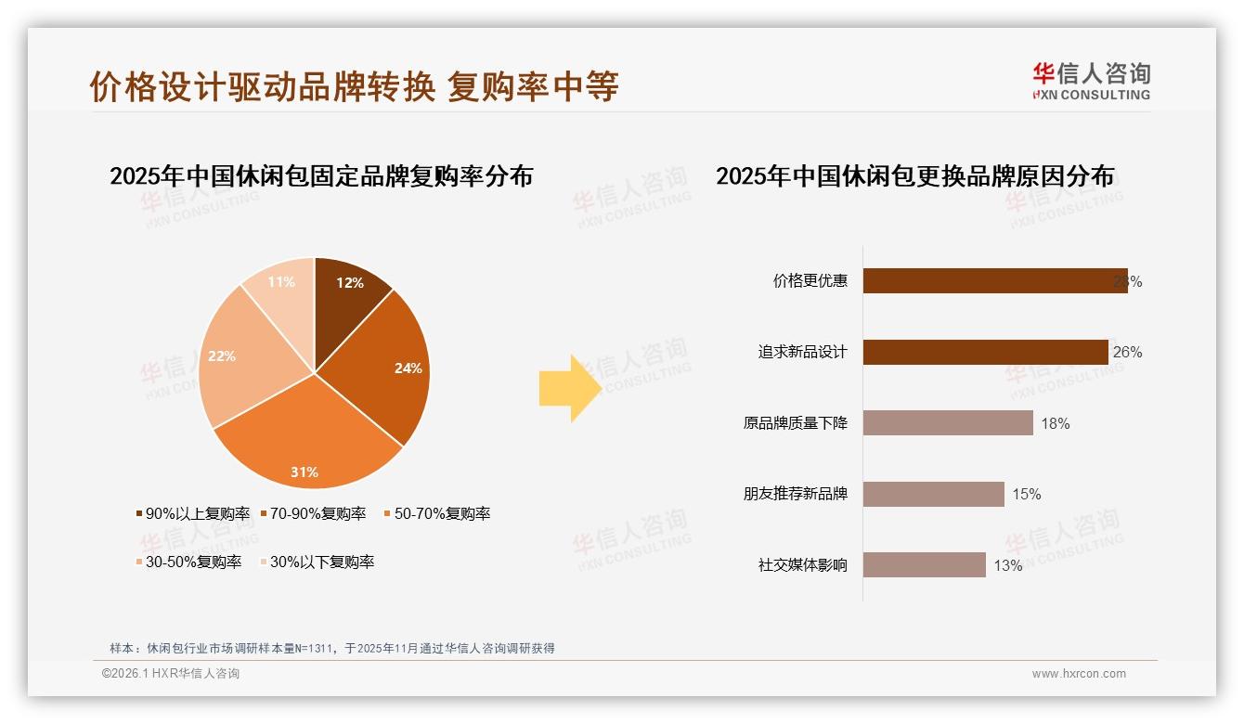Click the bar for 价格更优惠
coord(994,281)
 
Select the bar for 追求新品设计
coord(985,352)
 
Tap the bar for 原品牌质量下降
coord(948,423)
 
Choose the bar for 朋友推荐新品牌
coord(933,494)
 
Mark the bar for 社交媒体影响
coord(924,564)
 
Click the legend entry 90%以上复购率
coord(193,513)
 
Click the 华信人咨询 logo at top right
coord(1091,81)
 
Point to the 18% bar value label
coord(1056,423)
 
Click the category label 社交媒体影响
coord(803,564)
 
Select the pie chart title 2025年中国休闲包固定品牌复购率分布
coord(321,176)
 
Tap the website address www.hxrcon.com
coord(1079,674)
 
